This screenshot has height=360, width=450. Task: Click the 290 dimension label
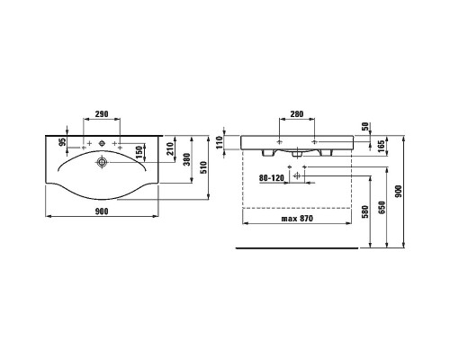(x=102, y=114)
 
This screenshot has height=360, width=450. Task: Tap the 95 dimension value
(x=62, y=141)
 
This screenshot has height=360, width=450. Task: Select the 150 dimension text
(x=139, y=153)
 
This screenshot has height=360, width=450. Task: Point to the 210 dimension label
(x=170, y=148)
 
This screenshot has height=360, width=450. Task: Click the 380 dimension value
(x=187, y=159)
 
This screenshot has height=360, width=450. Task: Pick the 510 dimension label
(x=203, y=167)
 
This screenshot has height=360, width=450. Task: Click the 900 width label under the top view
(x=102, y=211)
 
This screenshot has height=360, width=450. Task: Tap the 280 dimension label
(x=297, y=114)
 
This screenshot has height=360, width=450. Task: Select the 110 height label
(x=220, y=142)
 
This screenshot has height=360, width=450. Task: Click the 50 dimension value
(x=365, y=127)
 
